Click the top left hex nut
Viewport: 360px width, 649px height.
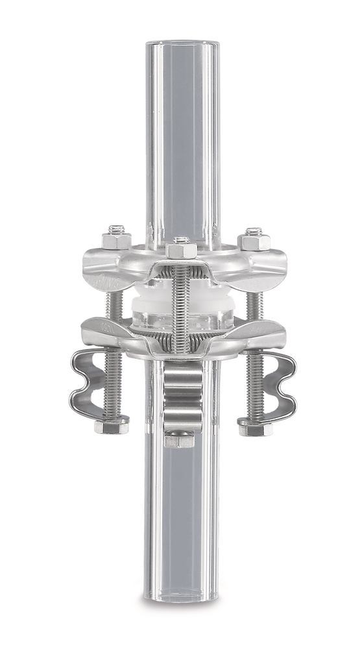click(x=116, y=239)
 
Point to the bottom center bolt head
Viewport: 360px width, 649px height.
click(x=179, y=440)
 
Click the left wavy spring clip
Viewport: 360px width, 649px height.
click(x=91, y=383)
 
